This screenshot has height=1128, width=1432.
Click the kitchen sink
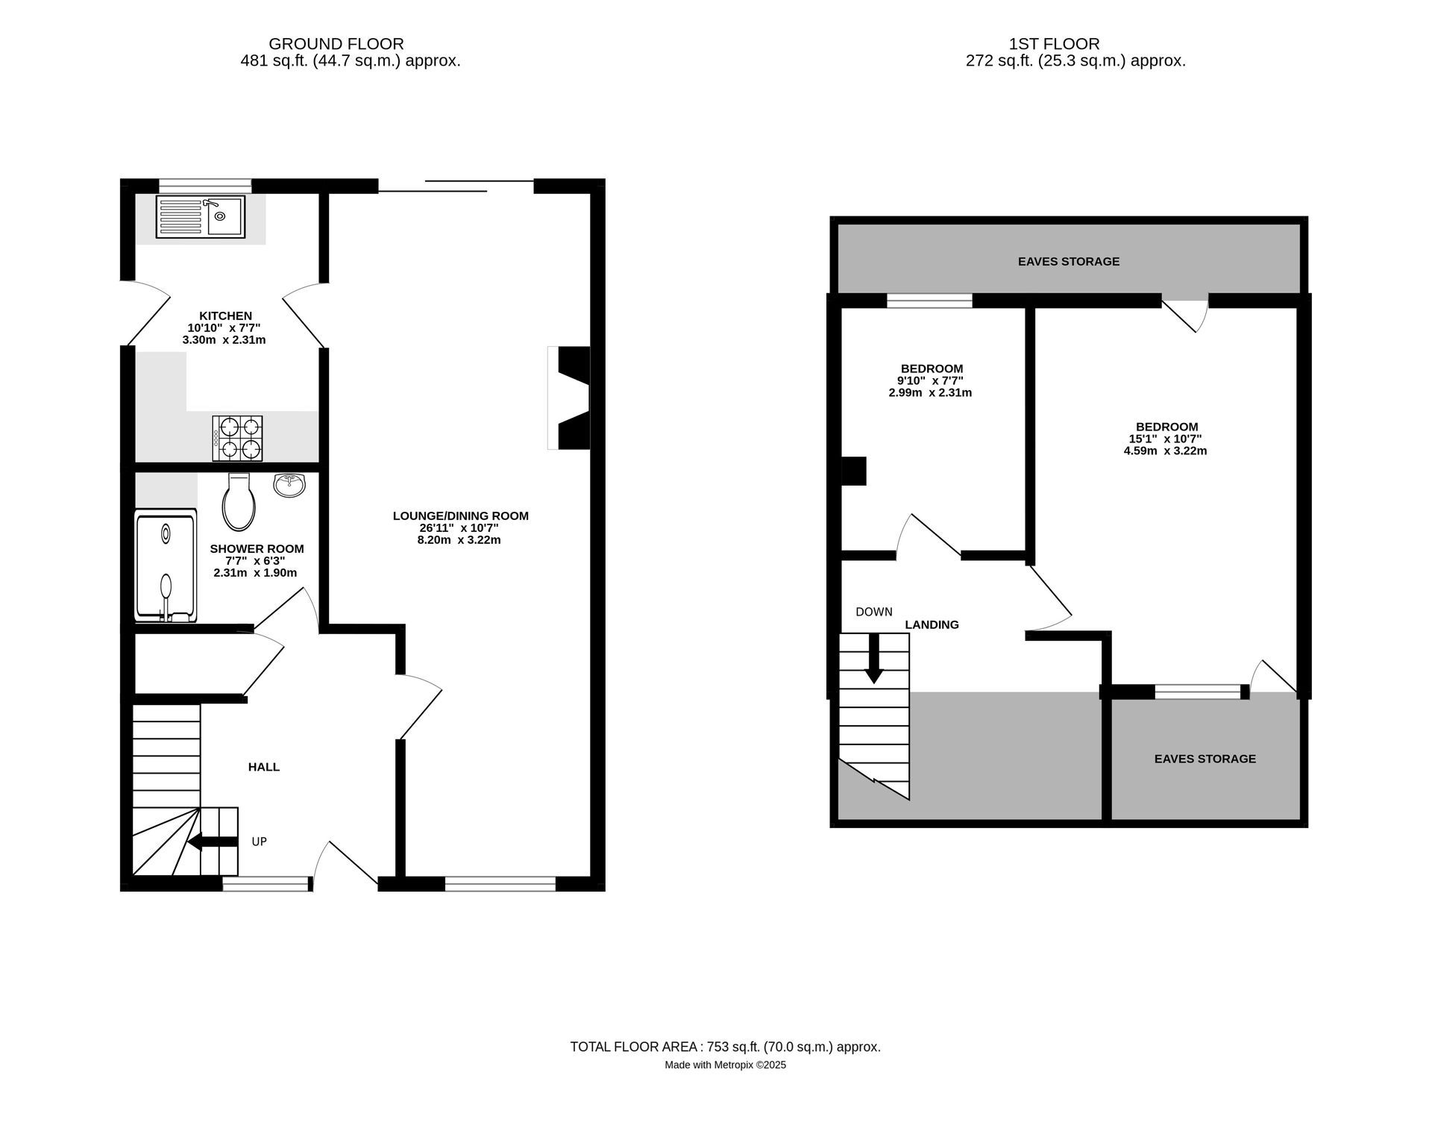pos(200,216)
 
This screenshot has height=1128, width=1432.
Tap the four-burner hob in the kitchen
pos(237,438)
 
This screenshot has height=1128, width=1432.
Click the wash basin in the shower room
pos(289,486)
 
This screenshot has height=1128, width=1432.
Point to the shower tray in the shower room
pos(166,565)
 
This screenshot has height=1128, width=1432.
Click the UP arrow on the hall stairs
pos(213,842)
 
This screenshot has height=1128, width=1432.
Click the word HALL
pos(264,767)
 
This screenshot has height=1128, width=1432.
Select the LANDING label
pos(932,625)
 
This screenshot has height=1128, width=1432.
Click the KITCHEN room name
pos(225,316)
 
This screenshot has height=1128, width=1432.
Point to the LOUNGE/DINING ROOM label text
pos(460,516)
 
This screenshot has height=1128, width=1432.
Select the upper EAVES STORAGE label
pos(1069,262)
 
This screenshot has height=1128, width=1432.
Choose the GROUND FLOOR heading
pos(336,44)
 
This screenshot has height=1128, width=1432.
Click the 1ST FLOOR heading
pos(1054,44)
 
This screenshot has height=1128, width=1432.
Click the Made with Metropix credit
pos(725,1065)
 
